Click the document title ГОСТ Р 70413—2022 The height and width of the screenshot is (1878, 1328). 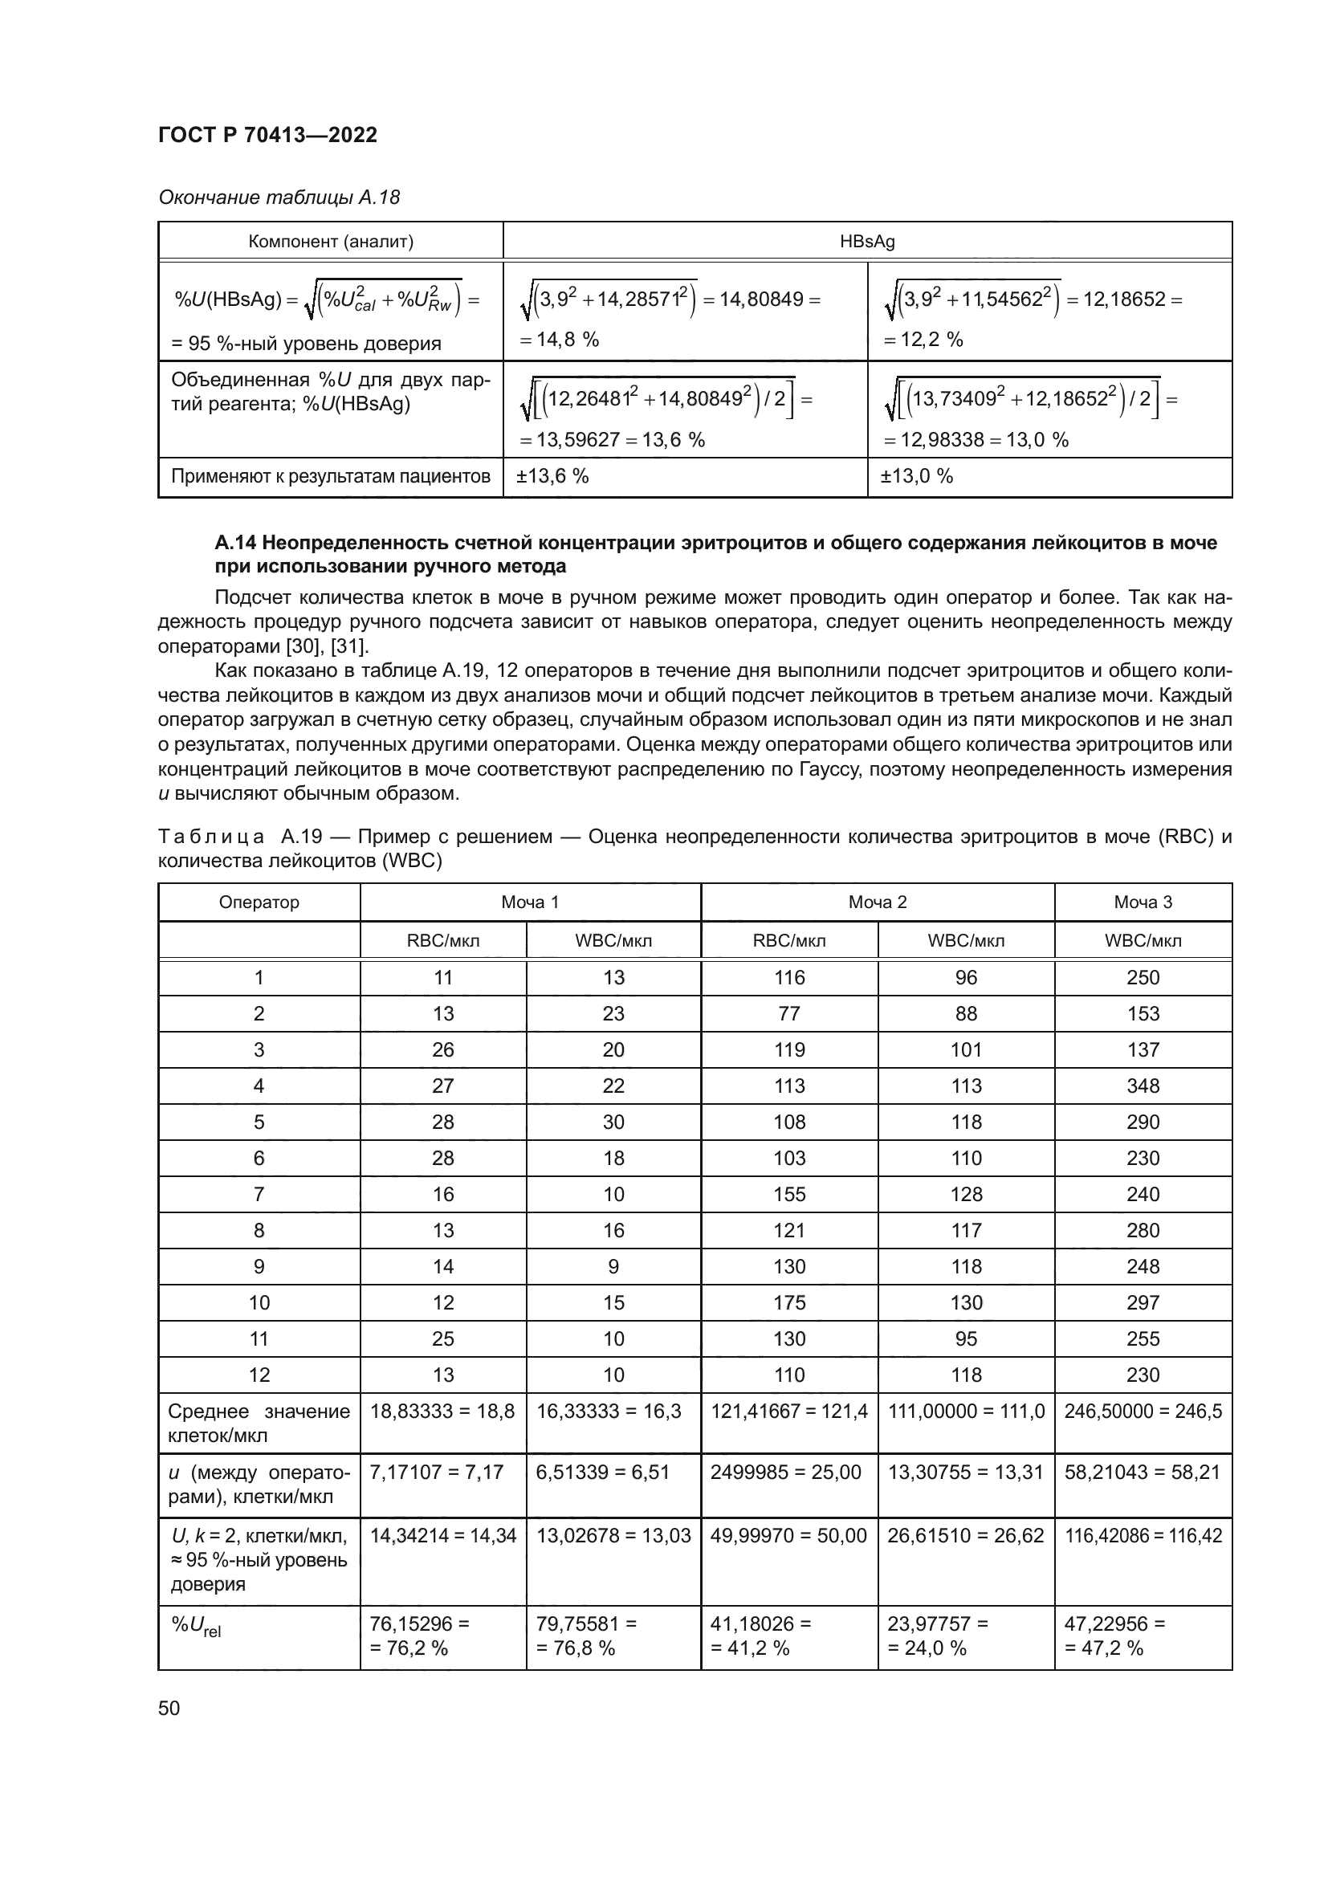pyautogui.click(x=267, y=135)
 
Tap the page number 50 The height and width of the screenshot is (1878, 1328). pyautogui.click(x=169, y=1708)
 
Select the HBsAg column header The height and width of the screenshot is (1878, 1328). pyautogui.click(x=867, y=242)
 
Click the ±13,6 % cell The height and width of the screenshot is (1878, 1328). pyautogui.click(x=552, y=476)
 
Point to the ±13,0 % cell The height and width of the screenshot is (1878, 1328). pyautogui.click(x=916, y=476)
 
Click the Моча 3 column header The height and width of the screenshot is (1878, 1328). pyautogui.click(x=1143, y=902)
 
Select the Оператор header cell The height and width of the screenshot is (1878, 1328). pyautogui.click(x=259, y=902)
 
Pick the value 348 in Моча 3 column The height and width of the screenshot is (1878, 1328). pyautogui.click(x=1143, y=1086)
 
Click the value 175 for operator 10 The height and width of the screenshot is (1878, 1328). pyautogui.click(x=789, y=1303)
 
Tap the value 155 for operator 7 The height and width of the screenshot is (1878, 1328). pyautogui.click(x=789, y=1194)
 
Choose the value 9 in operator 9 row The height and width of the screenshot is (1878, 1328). pyautogui.click(x=613, y=1267)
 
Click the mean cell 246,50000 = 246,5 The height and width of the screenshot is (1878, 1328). pyautogui.click(x=1143, y=1412)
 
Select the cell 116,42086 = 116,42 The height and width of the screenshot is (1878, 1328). pyautogui.click(x=1143, y=1535)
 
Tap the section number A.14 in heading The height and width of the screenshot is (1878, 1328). pyautogui.click(x=235, y=542)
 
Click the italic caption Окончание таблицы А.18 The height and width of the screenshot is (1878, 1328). pyautogui.click(x=279, y=198)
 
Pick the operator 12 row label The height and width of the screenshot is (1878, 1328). pyautogui.click(x=259, y=1375)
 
